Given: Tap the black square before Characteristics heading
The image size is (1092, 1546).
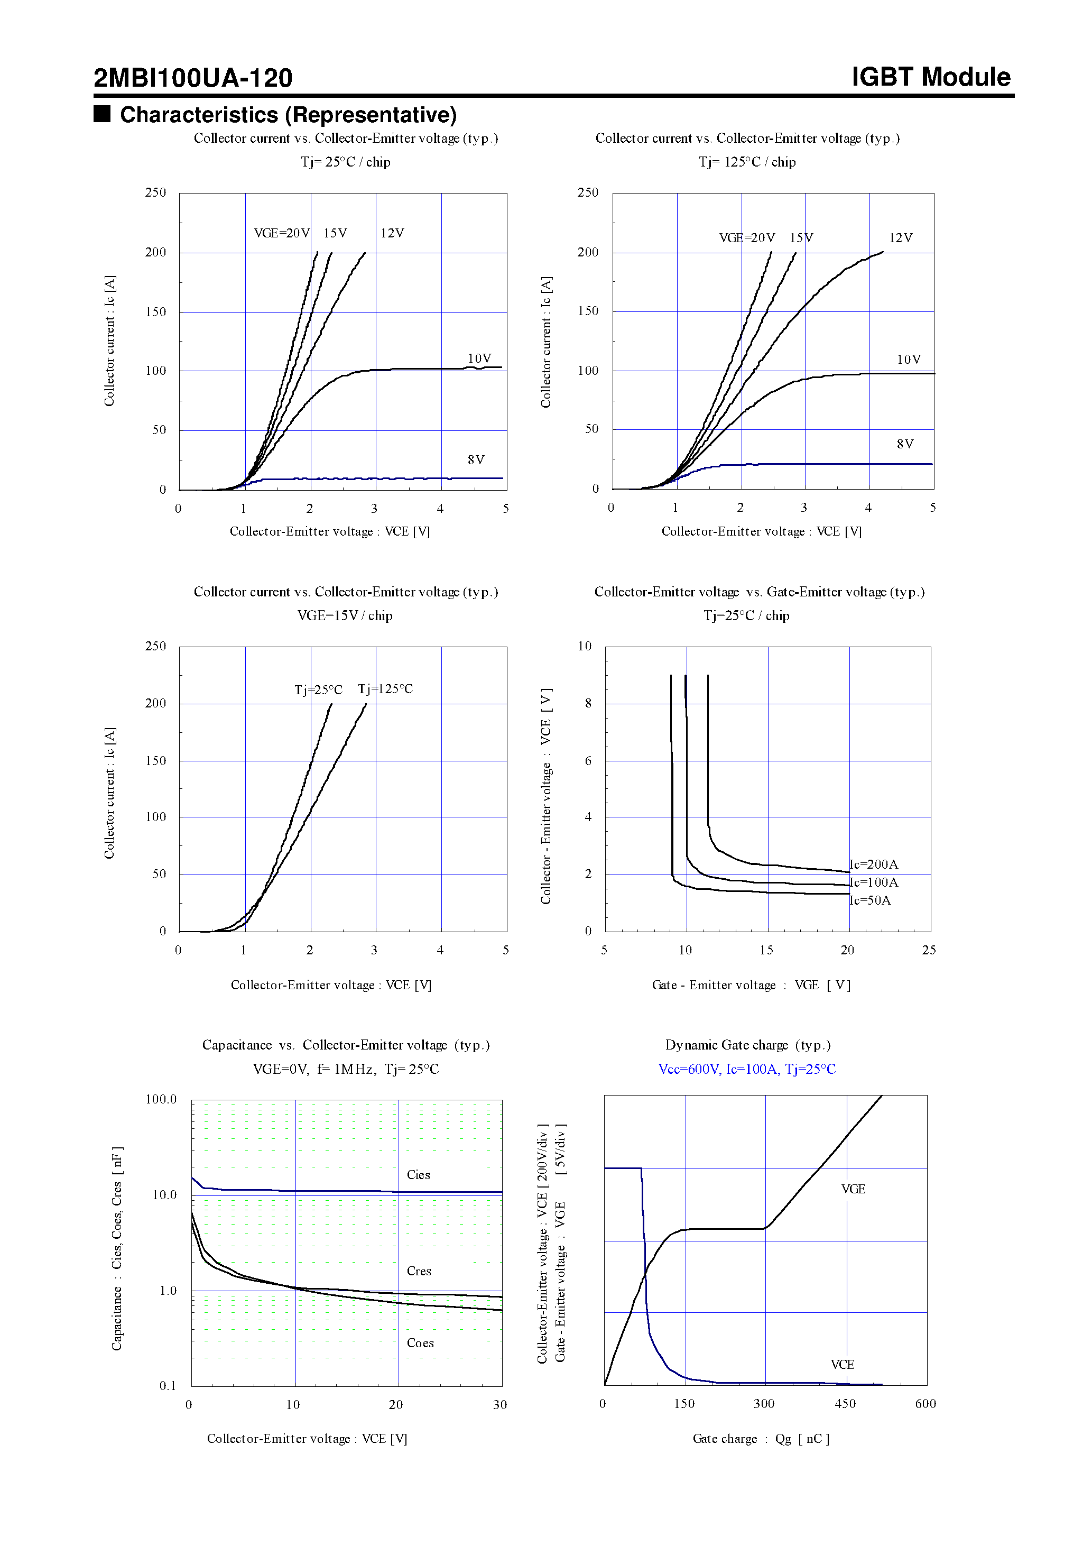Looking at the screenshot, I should [101, 113].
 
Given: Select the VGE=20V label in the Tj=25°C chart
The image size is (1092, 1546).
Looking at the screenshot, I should [281, 233].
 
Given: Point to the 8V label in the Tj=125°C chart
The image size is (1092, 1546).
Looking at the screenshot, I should [905, 444].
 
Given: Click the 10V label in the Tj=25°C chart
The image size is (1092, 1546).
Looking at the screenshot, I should [479, 358].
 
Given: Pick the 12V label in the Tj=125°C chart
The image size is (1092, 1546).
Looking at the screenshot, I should [900, 238].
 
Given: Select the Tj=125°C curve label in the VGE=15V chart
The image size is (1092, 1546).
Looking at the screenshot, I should [385, 689].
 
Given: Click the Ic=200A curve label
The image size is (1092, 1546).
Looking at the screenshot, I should [874, 864].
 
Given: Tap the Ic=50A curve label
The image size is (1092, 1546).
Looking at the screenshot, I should [871, 901].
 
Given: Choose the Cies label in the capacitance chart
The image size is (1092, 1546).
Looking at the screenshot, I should [418, 1175].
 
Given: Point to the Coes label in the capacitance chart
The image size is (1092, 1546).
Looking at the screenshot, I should [420, 1343].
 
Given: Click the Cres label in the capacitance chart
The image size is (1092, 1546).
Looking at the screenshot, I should [419, 1271].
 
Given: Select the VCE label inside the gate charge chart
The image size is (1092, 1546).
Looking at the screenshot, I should [842, 1365].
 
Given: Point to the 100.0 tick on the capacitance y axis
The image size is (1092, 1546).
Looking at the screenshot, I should [161, 1100].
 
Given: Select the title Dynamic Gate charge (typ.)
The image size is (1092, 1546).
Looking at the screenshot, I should [747, 1045].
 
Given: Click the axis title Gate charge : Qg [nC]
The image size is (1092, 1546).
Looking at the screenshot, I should [761, 1439].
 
